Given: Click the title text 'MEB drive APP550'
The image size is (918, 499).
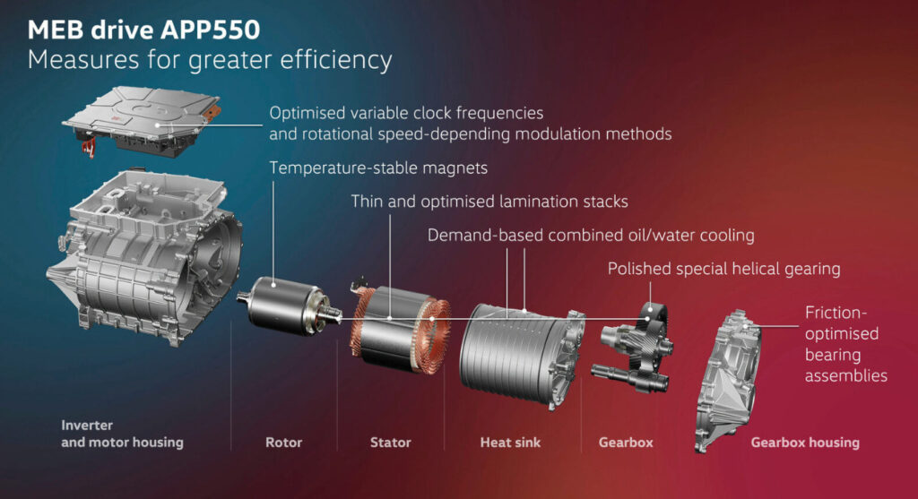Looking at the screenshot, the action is coord(143,30).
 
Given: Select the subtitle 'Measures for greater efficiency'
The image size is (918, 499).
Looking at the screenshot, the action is coord(210,61).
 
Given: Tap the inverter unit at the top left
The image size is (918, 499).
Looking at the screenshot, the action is coord(142,121).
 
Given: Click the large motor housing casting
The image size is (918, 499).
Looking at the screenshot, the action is coord(144,257).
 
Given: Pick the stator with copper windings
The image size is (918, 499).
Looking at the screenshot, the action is coord(401,329).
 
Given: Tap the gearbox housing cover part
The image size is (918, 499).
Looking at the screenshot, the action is coord(726,380).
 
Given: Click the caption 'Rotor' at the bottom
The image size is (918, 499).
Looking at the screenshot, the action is coord(284,443).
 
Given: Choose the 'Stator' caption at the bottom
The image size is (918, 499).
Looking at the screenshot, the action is coord(391,443).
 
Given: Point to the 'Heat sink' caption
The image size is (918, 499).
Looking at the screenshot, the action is coord(510,443).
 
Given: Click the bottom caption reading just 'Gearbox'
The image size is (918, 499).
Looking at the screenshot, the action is coord(626,443).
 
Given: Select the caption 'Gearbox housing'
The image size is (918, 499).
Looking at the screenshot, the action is coord(805,443).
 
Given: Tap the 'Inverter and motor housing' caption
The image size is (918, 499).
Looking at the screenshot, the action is coord(122,434).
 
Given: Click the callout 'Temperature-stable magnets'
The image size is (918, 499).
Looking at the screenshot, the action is coord(378,168).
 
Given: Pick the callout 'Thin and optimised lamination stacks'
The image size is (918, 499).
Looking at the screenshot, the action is coord(489,202).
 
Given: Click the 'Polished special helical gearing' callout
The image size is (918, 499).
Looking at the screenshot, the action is coord(723,269).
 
